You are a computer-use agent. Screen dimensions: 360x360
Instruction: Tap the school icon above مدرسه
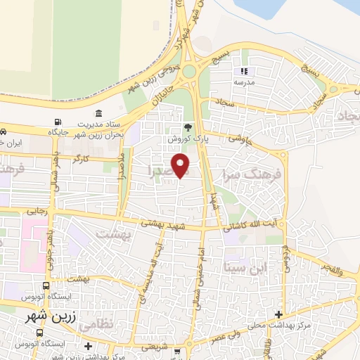point(245,71)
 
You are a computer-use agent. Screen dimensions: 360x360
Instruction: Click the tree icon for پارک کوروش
point(187,127)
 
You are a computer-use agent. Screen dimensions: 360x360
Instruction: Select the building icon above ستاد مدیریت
point(98,114)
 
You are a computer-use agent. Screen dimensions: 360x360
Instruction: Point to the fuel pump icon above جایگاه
point(3,131)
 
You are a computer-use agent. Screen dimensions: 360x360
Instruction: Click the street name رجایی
point(37,209)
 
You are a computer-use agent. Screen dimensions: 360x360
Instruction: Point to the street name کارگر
point(80,160)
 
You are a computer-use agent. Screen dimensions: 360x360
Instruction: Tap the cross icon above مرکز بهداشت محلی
point(280,314)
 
